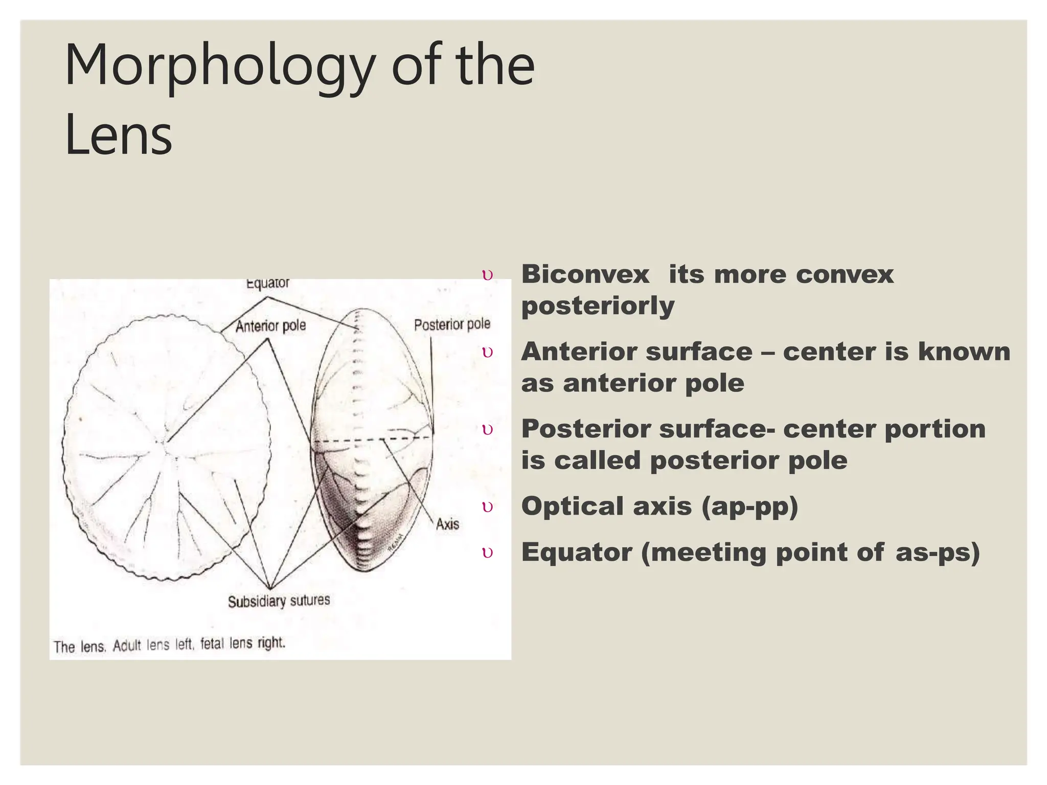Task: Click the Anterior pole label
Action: coord(270,326)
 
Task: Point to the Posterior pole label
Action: coord(452,325)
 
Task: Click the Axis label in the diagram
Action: coord(447,524)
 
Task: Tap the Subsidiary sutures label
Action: coord(279,601)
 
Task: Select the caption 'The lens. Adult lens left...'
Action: coord(169,645)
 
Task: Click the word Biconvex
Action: coord(585,274)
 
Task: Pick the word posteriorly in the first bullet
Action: coord(598,306)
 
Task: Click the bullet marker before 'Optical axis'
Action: coord(488,507)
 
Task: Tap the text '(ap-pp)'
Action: coord(749,506)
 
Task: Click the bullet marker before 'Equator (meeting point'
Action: coord(488,553)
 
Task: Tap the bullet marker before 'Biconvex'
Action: coord(488,275)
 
